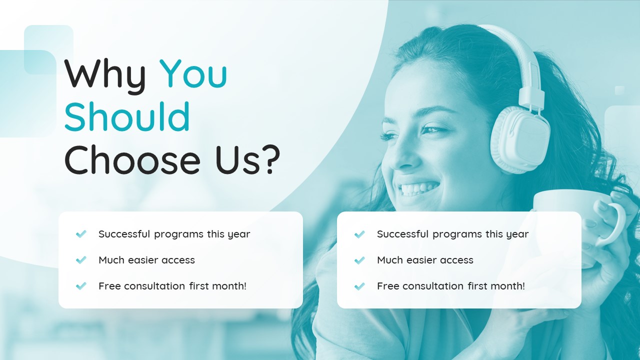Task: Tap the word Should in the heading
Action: tap(127, 117)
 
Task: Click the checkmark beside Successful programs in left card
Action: tap(81, 234)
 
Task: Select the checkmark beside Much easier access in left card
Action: tap(81, 260)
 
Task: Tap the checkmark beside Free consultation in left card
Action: tap(81, 286)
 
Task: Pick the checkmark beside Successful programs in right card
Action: tap(359, 234)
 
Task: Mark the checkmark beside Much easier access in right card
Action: tap(359, 260)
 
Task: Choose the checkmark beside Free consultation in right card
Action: tap(359, 286)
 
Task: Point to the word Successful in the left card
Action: tap(124, 234)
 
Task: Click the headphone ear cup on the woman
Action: tap(520, 140)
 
